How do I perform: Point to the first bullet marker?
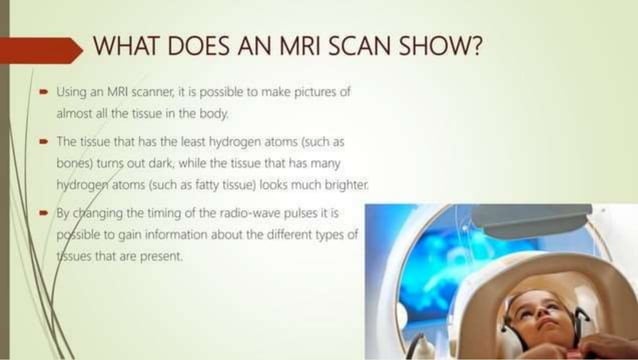click(46, 92)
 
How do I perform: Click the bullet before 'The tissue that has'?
click(46, 141)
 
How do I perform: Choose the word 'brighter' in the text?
click(344, 186)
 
